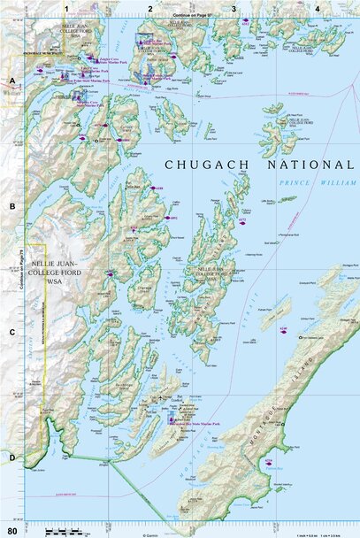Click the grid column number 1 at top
65,8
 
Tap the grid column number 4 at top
317,8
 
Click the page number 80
11,530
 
